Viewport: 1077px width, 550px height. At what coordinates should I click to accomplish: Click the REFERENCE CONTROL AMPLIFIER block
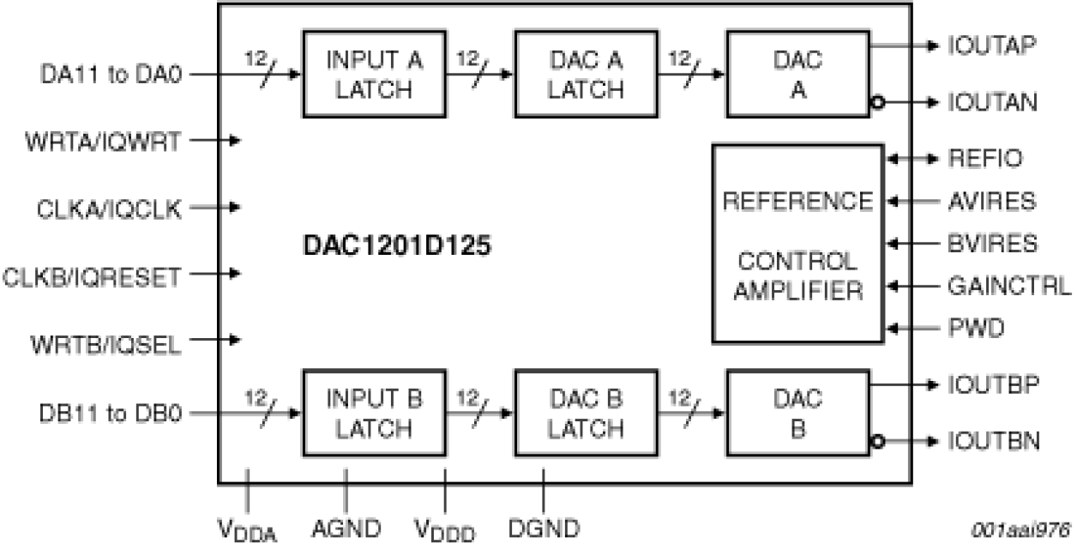797,245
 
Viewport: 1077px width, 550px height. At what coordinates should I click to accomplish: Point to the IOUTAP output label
993,46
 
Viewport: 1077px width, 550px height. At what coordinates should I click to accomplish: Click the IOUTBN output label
994,442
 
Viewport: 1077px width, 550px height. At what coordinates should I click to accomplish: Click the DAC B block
797,413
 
